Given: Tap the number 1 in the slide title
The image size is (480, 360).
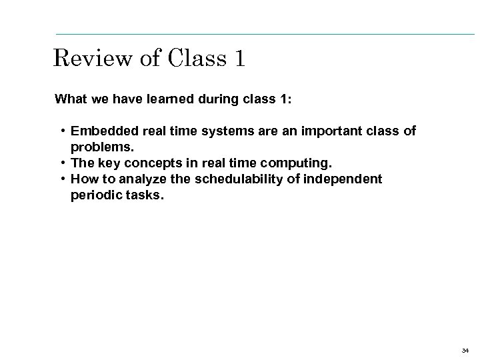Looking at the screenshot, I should click(239, 59).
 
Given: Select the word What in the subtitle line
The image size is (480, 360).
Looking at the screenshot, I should click(69, 99).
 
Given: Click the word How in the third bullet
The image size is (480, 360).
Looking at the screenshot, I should click(82, 179).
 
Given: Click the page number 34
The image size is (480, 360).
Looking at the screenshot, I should click(465, 349).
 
